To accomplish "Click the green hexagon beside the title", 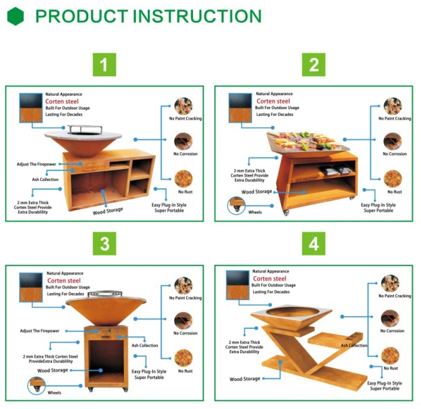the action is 15,16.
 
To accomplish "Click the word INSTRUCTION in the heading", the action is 197,16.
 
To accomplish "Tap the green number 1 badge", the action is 105,65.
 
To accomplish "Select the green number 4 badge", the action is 314,244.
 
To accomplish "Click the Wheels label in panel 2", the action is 255,212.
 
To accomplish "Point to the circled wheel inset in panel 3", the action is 36,386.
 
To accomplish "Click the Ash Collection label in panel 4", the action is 354,345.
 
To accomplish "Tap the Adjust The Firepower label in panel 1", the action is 36,164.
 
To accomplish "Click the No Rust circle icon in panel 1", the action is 184,179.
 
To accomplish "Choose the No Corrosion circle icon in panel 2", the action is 393,141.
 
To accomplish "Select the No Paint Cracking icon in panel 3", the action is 184,286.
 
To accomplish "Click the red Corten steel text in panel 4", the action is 269,279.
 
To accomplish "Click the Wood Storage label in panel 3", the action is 53,370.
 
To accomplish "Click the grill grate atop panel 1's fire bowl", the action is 85,130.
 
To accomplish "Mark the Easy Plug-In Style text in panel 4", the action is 385,383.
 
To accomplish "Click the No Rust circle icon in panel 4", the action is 390,356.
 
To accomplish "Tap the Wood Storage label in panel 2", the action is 257,192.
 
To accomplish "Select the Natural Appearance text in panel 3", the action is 65,273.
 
